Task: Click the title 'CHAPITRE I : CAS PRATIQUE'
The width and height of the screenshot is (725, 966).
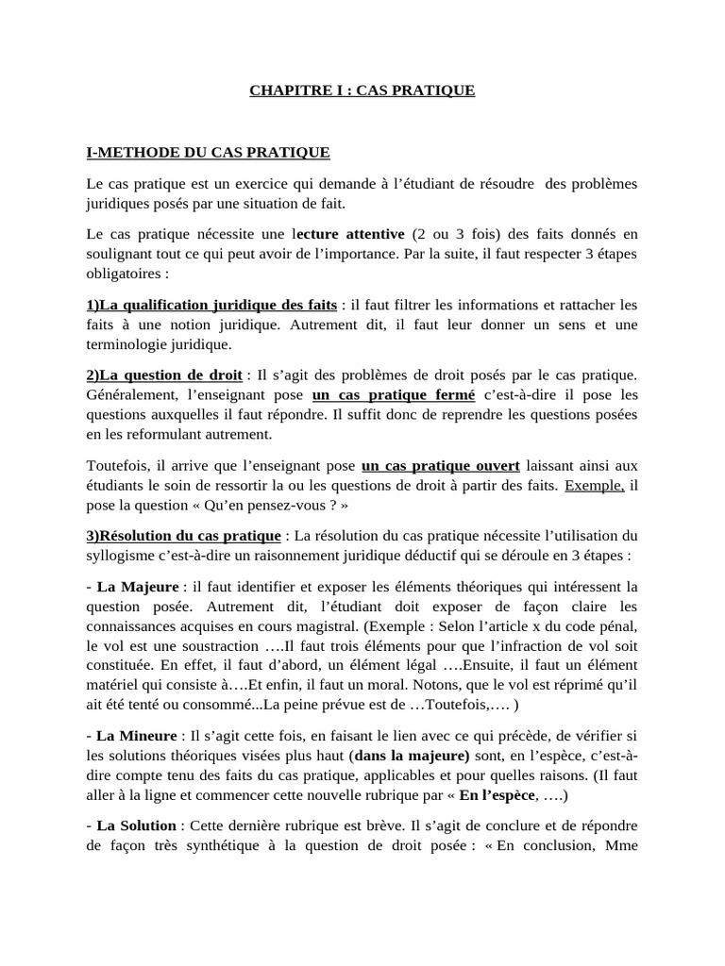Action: click(x=362, y=92)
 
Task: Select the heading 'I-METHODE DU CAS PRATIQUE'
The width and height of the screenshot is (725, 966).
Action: click(x=208, y=152)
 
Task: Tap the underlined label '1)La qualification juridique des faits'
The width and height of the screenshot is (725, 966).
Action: click(x=211, y=305)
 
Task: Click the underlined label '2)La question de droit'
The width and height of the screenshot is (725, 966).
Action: click(x=164, y=375)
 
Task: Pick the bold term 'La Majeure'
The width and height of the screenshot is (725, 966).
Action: click(x=137, y=587)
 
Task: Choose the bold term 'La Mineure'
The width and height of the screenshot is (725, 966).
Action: click(x=137, y=736)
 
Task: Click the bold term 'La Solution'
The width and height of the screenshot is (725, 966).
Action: click(x=138, y=825)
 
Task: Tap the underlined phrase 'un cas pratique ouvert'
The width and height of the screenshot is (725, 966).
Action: click(x=440, y=465)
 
